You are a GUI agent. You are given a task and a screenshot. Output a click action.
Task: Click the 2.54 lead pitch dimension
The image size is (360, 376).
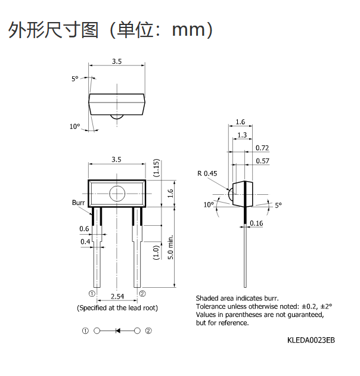[x=117, y=297]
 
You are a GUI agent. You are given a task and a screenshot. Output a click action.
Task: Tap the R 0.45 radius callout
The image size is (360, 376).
[x=207, y=173]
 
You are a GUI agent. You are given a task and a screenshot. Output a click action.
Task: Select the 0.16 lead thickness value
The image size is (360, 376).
[x=256, y=223]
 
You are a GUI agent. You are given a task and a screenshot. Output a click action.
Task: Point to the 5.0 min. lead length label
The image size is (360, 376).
[x=170, y=247]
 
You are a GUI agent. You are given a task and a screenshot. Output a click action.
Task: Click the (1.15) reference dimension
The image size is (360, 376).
[x=156, y=168]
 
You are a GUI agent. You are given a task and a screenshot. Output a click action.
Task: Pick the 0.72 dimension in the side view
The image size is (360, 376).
[x=262, y=148]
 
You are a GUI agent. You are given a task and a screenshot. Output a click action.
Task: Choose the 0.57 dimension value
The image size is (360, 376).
[x=263, y=161]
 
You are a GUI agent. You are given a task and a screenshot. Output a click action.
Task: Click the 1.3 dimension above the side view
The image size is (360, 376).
[x=242, y=135]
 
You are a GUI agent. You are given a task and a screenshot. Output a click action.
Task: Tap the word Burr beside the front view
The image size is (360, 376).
[x=79, y=203]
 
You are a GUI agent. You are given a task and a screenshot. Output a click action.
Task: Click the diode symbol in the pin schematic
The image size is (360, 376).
[x=118, y=331]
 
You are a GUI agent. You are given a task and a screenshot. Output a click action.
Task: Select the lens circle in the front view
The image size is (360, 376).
[x=117, y=194]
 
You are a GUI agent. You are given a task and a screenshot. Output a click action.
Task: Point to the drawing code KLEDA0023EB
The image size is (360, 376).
[x=311, y=340]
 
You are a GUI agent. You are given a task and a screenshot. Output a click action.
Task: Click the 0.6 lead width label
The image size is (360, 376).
[x=84, y=229]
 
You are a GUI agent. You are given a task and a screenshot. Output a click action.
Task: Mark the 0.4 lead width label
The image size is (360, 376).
[x=85, y=241]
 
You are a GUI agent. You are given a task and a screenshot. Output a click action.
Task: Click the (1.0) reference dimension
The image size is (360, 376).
[x=156, y=252]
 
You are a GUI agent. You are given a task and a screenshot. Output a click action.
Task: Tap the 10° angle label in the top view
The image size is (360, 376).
[x=75, y=126]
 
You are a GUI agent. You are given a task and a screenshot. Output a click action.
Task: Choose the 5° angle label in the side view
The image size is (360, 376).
[x=278, y=205]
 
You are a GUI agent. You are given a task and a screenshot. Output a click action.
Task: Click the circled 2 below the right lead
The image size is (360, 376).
[x=142, y=294]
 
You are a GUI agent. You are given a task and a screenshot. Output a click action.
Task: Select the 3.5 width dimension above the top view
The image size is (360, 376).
[x=117, y=61]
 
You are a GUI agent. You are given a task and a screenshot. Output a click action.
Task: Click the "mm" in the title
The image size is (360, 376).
[x=189, y=30]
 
